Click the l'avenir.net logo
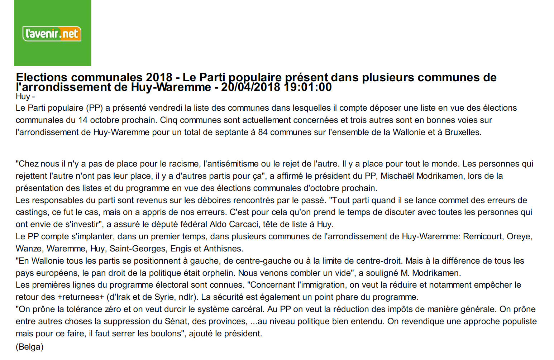[x=52, y=34]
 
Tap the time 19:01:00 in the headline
[x=308, y=87]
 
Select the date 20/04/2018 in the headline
[x=250, y=87]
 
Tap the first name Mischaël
[x=397, y=176]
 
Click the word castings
[x=32, y=212]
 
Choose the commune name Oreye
[x=519, y=236]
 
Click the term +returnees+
[x=81, y=297]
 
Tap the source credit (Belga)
[x=29, y=347]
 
